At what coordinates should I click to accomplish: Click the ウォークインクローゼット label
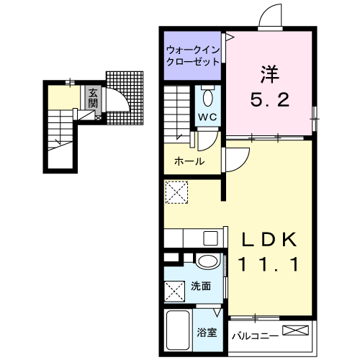pos(192,56)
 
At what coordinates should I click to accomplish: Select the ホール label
pos(189,161)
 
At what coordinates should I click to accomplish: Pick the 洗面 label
pos(201,286)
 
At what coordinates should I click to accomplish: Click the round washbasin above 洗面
pos(207,262)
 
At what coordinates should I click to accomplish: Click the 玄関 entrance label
pos(94,98)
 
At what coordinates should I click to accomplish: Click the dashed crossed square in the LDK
pos(176,193)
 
